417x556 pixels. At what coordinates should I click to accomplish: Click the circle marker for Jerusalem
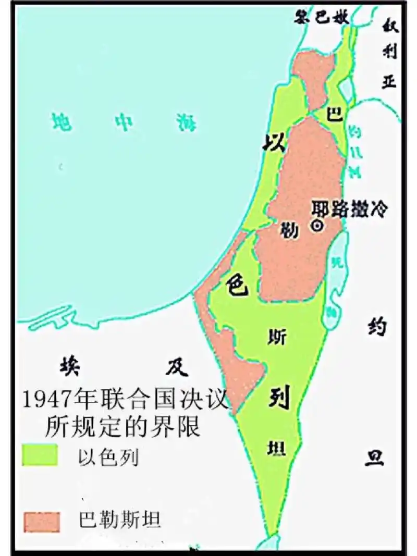tap(316, 226)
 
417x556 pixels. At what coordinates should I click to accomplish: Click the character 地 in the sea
tap(62, 122)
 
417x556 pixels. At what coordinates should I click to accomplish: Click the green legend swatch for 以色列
tap(40, 454)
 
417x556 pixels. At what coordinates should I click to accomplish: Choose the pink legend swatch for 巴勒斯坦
tap(40, 520)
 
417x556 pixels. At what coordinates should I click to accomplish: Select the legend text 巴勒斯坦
tap(119, 519)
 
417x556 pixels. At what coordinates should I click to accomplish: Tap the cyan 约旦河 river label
tap(355, 151)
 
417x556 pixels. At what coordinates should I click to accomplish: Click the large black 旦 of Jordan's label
tap(374, 457)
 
